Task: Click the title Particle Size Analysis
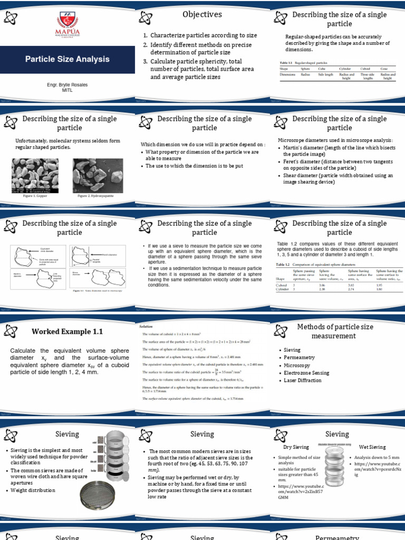tap(67, 59)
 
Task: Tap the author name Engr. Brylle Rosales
tap(67, 84)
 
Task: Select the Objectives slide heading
tap(202, 14)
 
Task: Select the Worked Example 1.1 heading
tap(67, 332)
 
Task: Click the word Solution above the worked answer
tap(146, 327)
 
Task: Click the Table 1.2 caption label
tap(283, 264)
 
